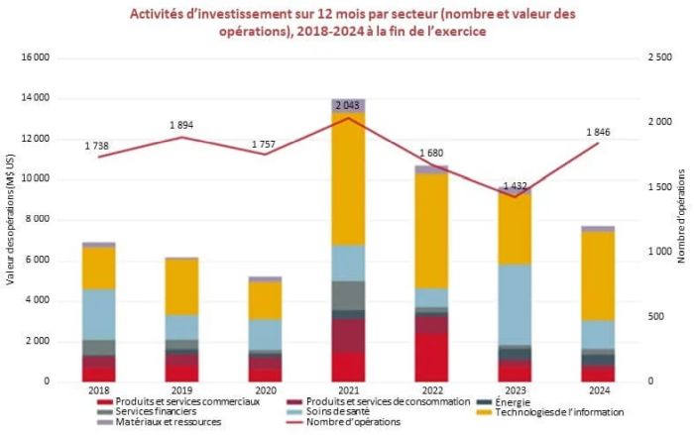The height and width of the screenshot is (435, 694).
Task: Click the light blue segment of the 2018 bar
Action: [x=98, y=314]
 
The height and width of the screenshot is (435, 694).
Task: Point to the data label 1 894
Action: [x=181, y=125]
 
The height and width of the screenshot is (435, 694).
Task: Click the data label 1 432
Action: [x=515, y=185]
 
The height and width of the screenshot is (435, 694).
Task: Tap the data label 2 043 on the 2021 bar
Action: [x=348, y=105]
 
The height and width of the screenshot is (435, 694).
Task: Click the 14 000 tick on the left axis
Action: [x=34, y=98]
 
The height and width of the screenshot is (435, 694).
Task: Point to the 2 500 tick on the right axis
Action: [x=659, y=58]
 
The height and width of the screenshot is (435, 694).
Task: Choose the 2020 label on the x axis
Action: [x=265, y=391]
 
